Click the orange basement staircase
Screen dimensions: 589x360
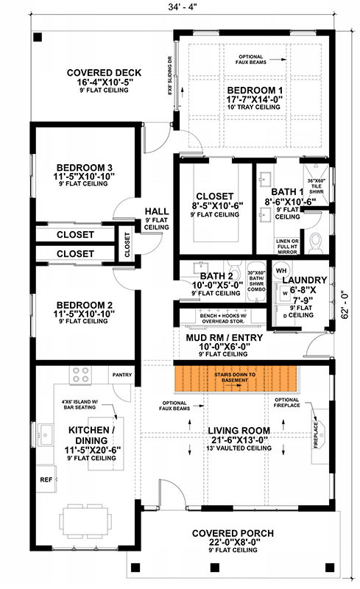237,378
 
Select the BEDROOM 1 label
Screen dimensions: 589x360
255,90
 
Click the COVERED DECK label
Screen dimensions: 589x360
93,73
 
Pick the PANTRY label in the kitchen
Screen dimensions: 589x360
122,375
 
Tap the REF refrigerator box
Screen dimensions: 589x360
44,478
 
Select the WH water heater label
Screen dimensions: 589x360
280,270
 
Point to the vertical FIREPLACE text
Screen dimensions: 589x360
315,440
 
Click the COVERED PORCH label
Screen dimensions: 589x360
232,532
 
